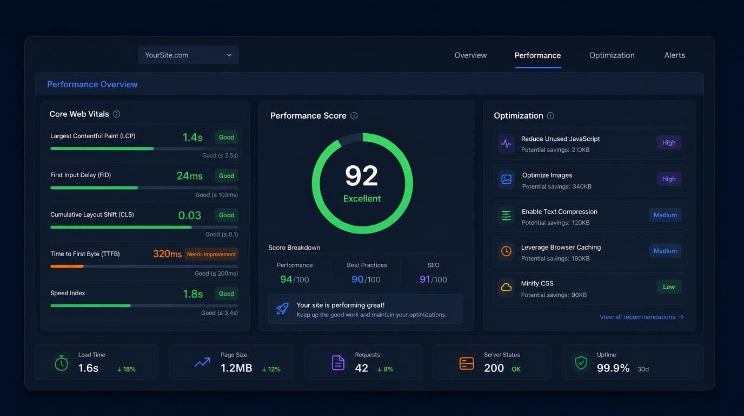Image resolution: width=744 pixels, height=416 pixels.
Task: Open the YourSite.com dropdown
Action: [188, 55]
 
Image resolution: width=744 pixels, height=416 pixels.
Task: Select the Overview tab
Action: [470, 55]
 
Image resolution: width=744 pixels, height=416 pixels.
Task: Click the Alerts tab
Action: [674, 55]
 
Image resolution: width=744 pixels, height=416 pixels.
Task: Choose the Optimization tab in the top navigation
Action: [612, 55]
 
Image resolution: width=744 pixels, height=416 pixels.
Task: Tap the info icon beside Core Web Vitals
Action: [116, 114]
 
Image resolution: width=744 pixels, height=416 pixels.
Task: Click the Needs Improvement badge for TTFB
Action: [211, 254]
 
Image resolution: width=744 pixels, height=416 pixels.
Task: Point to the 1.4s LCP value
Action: [192, 137]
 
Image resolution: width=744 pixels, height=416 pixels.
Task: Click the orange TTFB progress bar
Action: [67, 266]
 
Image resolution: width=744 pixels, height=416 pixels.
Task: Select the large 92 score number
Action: [361, 175]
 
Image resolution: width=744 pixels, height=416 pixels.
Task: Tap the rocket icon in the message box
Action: [282, 309]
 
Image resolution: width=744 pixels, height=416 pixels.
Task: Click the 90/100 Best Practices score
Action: [366, 279]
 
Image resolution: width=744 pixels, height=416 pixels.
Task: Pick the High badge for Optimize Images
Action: [669, 179]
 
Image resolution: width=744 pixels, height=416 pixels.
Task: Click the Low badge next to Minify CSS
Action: [669, 287]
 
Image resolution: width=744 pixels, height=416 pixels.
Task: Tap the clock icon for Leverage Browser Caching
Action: [506, 251]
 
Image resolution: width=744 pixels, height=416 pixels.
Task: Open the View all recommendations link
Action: [641, 317]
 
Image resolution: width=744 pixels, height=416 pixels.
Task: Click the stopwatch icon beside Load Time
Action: [62, 363]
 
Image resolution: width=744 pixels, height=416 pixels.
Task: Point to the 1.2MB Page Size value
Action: [236, 368]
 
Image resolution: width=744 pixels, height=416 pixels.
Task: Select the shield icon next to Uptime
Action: [581, 363]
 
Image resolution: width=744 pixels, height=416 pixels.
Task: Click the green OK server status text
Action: [516, 369]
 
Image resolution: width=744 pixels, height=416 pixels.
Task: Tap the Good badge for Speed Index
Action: [226, 294]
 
